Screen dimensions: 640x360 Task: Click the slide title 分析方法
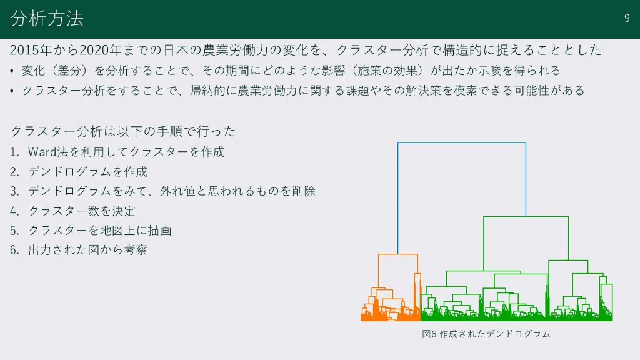[x=47, y=18]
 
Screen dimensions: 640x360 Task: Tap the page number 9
[x=627, y=18]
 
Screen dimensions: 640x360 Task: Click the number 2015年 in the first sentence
[x=31, y=50]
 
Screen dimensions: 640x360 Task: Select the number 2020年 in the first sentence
[x=101, y=50]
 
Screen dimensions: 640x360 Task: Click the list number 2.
[x=15, y=172]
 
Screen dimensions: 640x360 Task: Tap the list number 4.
[x=15, y=211]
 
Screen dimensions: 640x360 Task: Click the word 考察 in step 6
[x=136, y=250]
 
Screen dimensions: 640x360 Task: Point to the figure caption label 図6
[x=429, y=334]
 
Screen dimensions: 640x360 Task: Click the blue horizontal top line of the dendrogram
[x=462, y=142]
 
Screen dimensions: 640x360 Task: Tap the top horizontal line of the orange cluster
[x=398, y=254]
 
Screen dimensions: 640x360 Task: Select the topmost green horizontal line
[x=526, y=217]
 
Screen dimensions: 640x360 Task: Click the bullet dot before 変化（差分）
[x=12, y=71]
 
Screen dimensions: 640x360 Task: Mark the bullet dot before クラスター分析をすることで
[x=12, y=91]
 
